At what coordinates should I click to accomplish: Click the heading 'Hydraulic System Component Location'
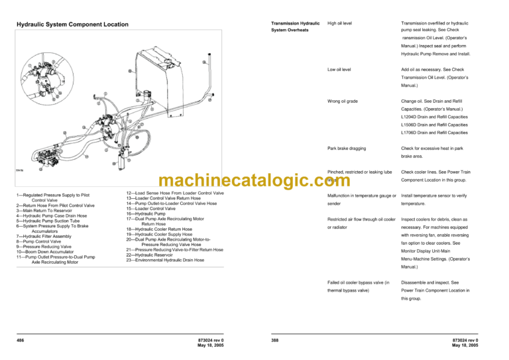pyautogui.click(x=72, y=25)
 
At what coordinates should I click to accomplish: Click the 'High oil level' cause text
pyautogui.click(x=340, y=23)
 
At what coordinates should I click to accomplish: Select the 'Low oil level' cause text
pyautogui.click(x=339, y=69)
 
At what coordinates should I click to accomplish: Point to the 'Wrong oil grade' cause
pyautogui.click(x=343, y=101)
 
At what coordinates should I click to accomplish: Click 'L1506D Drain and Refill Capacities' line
pyautogui.click(x=434, y=125)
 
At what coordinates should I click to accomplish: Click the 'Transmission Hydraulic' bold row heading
pyautogui.click(x=292, y=23)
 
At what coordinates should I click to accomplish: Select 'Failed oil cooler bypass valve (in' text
pyautogui.click(x=358, y=282)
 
